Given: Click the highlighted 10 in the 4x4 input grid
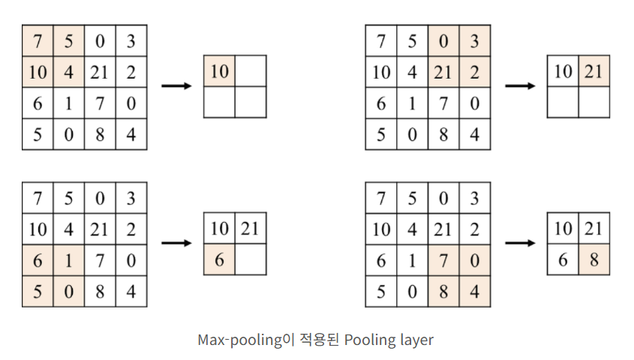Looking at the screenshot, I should click(x=38, y=72).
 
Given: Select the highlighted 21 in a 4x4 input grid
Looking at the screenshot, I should click(x=443, y=72).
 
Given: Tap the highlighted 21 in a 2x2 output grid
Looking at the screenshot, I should click(x=593, y=72).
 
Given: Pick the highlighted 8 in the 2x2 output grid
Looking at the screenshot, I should click(x=593, y=259).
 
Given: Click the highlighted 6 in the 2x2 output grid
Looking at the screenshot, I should click(x=219, y=259).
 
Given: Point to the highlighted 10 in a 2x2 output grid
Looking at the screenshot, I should click(x=219, y=72).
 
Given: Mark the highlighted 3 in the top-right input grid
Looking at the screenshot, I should click(x=473, y=40).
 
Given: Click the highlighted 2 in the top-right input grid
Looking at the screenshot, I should click(x=473, y=72).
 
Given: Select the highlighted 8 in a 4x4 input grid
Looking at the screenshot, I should click(x=443, y=291).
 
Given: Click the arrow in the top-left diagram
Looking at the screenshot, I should click(x=176, y=86).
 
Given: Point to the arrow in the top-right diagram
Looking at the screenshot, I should click(x=520, y=86).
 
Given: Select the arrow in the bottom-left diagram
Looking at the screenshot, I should click(x=176, y=243).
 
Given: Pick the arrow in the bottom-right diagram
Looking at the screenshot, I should click(x=520, y=243).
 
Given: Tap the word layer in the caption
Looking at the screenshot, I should click(x=416, y=340).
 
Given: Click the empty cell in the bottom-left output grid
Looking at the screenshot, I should click(x=250, y=259).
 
